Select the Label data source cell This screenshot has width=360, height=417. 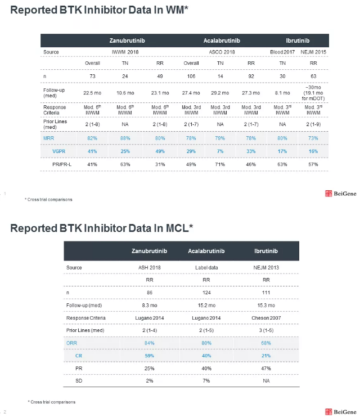pos(206,267)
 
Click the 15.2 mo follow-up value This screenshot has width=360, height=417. pos(206,305)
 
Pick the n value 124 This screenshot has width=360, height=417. pos(206,293)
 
